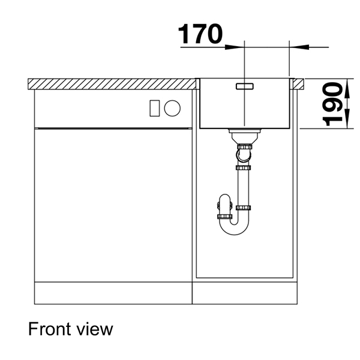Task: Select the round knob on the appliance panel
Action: point(172,109)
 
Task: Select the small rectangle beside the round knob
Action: point(154,109)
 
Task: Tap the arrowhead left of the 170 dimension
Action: point(239,46)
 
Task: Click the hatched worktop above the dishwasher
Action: point(114,83)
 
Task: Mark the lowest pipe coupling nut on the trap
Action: point(224,215)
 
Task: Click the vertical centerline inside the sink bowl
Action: point(246,108)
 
